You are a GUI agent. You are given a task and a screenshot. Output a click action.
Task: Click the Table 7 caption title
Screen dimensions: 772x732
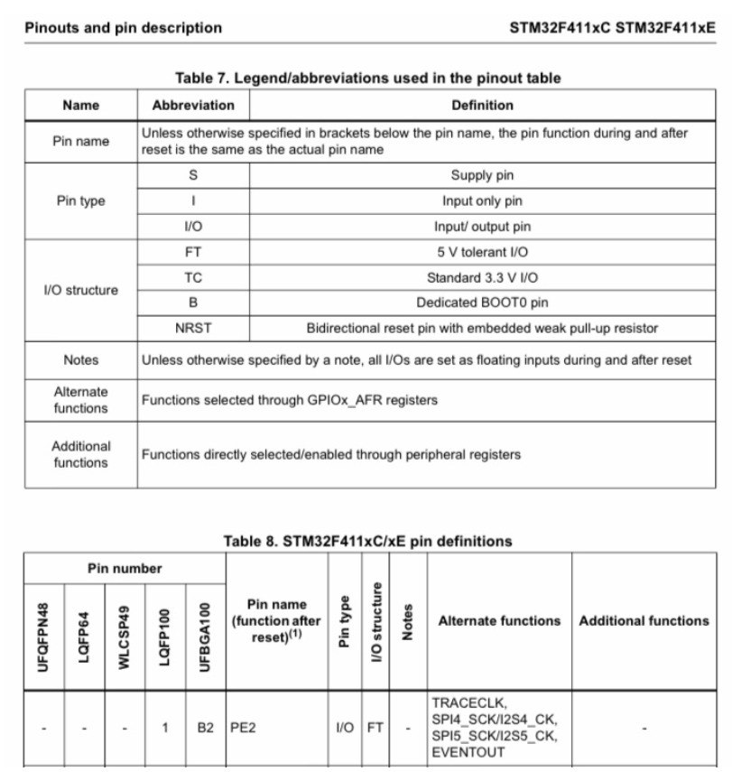click(x=367, y=79)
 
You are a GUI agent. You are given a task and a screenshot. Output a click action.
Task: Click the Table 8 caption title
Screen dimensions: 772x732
click(x=367, y=542)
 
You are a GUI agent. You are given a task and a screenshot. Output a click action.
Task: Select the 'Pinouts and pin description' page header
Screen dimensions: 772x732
click(x=123, y=28)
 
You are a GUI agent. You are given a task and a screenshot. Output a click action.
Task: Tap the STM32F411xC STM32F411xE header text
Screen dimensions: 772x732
click(x=612, y=28)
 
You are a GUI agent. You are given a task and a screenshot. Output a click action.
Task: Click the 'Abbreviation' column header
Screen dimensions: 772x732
click(x=193, y=106)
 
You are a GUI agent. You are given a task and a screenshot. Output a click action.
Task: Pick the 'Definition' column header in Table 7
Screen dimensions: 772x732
click(x=482, y=106)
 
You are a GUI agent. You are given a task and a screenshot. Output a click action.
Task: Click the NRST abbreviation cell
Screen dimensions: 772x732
click(x=193, y=328)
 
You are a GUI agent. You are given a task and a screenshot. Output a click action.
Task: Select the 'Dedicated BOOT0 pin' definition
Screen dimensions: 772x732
click(x=482, y=303)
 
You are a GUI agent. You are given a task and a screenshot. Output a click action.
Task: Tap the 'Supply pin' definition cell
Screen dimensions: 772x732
click(x=482, y=176)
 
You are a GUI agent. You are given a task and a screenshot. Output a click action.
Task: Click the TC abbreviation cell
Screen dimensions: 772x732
click(x=193, y=278)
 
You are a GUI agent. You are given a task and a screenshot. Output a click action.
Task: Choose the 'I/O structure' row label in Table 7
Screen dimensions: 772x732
click(x=80, y=291)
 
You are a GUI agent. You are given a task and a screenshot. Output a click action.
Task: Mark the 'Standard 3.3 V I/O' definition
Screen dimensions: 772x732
click(x=482, y=278)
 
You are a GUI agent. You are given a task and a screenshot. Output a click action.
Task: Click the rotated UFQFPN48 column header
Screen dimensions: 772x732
click(x=43, y=637)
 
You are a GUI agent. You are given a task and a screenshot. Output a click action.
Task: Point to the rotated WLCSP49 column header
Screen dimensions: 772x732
click(x=124, y=637)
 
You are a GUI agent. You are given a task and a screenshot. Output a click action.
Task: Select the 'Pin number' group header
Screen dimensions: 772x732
click(x=125, y=569)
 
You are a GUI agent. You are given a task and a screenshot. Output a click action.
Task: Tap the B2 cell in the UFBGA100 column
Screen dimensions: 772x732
click(x=205, y=728)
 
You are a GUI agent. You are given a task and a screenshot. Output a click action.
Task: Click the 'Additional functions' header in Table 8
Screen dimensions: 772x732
click(x=644, y=621)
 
